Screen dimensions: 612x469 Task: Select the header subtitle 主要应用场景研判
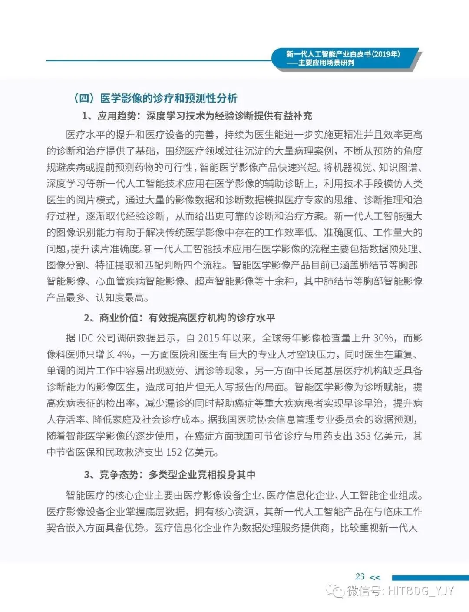326,63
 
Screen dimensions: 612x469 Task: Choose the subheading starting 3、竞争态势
169,474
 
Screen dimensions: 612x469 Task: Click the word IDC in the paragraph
86,338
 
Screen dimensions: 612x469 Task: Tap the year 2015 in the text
208,338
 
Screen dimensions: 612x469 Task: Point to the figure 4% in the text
124,354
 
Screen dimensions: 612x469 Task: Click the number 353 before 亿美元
363,436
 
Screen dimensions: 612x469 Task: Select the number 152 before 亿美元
174,452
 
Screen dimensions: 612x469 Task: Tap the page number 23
360,576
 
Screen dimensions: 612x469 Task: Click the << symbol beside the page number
375,577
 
